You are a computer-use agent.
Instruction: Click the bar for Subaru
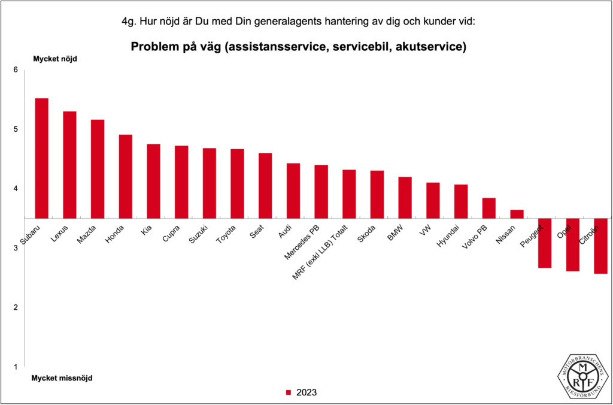(41, 158)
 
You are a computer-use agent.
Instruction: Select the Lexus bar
(69, 165)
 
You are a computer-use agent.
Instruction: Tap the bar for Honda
(125, 176)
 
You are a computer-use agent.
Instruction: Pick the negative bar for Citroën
(600, 246)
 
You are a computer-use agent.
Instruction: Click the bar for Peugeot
(544, 243)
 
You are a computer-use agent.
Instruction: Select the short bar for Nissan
(517, 214)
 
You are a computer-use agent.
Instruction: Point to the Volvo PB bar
(488, 208)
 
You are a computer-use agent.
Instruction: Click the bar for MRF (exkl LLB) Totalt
(349, 194)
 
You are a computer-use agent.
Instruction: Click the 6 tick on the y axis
(16, 70)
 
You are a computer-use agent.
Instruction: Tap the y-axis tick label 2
(16, 307)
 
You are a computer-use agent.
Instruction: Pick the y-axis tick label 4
(16, 189)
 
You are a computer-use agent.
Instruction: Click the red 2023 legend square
(288, 393)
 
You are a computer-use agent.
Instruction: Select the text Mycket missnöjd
(62, 378)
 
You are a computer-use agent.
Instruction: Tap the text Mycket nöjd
(55, 59)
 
